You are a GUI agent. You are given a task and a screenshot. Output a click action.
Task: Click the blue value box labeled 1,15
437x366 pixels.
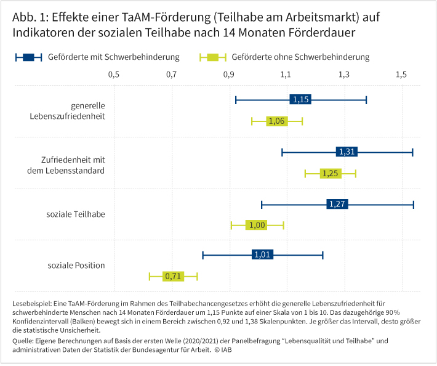(300, 99)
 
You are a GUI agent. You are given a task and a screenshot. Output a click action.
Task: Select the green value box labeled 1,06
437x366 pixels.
(277, 121)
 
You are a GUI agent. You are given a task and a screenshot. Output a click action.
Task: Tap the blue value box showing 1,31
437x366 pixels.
(347, 152)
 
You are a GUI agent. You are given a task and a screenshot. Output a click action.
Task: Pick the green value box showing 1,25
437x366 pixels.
(331, 173)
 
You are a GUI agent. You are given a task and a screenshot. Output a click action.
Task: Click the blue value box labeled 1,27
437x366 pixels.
(337, 204)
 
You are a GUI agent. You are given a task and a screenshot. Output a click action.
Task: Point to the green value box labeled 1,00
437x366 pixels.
(256, 225)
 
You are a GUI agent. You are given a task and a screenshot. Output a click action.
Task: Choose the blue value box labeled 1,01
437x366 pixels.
(262, 255)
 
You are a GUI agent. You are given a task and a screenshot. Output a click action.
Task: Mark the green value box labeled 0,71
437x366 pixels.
(173, 276)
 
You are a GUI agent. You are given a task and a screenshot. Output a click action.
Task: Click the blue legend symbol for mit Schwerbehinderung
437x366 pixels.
(28, 57)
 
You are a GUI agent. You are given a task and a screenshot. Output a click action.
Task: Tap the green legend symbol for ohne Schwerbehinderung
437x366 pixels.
(213, 57)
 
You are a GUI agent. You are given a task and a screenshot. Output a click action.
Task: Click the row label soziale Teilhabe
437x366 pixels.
(76, 214)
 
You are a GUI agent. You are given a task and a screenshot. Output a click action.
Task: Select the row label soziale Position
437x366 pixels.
(76, 266)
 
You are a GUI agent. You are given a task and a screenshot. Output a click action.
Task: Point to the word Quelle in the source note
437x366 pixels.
(23, 340)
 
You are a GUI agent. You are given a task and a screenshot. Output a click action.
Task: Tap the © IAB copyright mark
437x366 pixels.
(224, 349)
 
